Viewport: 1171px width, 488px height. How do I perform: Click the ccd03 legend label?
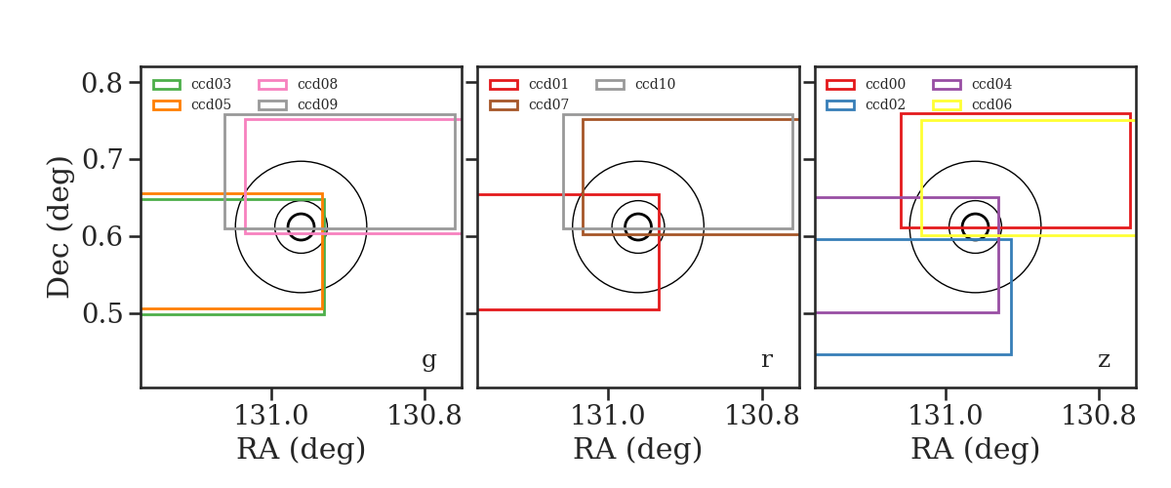(x=211, y=84)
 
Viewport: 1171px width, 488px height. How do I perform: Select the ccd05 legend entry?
(x=211, y=104)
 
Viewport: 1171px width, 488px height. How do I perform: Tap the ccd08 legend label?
(x=317, y=84)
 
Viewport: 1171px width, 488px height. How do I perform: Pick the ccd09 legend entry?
(x=317, y=104)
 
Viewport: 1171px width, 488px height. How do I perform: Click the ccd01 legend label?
(x=548, y=84)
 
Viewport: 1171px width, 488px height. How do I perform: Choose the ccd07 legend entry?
(x=548, y=104)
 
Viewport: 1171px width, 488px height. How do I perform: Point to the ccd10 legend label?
(x=655, y=84)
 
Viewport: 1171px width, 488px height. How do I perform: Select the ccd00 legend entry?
(x=886, y=84)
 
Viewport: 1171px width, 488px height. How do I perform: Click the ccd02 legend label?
(x=886, y=104)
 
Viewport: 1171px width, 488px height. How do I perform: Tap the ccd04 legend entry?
(x=991, y=84)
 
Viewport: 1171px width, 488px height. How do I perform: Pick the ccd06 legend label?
(x=991, y=104)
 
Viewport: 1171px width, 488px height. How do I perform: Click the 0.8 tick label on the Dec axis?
(x=101, y=83)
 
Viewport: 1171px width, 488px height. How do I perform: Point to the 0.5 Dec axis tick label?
(x=101, y=314)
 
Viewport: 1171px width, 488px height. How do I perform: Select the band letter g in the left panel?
(x=428, y=360)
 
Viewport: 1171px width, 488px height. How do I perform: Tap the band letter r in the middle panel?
(x=766, y=359)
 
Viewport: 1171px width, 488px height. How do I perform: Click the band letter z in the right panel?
(x=1104, y=359)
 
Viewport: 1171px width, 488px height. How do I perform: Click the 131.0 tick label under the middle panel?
(x=608, y=416)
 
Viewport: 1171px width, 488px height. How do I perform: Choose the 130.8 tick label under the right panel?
(x=1099, y=416)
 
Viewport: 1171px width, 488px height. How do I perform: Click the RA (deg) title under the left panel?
(x=302, y=449)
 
